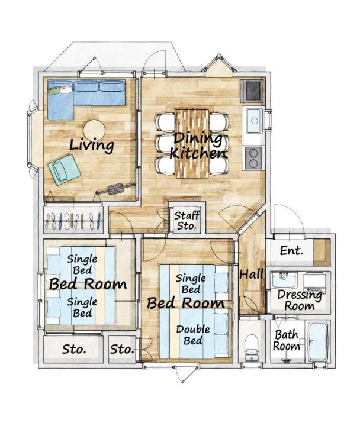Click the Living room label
(92, 145)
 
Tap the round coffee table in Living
(94, 130)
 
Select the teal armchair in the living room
(64, 170)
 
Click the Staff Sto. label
(187, 220)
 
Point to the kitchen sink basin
(254, 120)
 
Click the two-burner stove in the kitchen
(253, 158)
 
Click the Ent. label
(291, 250)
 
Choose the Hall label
(252, 274)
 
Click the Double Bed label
(193, 335)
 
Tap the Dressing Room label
(300, 300)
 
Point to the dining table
(192, 144)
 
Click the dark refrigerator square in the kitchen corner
(253, 91)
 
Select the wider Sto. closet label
(74, 350)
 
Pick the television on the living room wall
(116, 189)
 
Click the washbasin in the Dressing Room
(284, 280)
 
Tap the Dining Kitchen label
(198, 146)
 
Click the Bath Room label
(287, 340)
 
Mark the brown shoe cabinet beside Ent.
(322, 253)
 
